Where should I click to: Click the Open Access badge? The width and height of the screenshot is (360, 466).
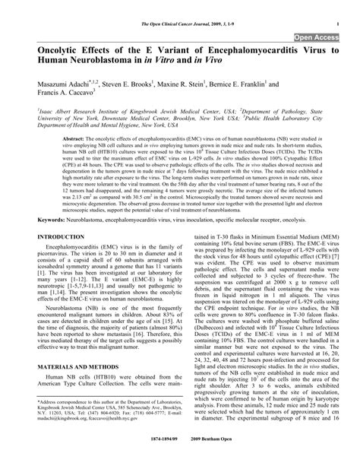[317, 36]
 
